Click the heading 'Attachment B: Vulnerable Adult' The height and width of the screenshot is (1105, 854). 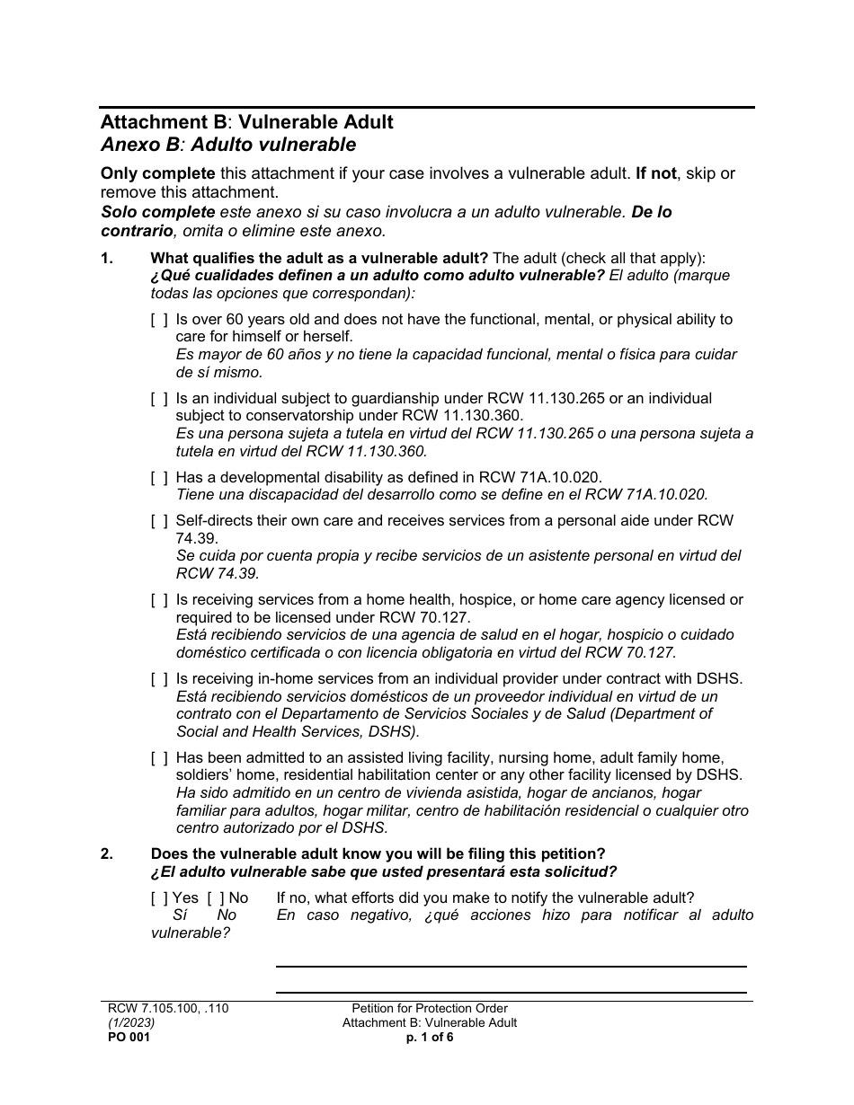tap(246, 122)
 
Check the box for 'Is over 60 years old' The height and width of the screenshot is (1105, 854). tap(159, 320)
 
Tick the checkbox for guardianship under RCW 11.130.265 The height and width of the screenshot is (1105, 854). tap(159, 399)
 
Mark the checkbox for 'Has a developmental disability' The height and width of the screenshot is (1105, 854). tap(159, 478)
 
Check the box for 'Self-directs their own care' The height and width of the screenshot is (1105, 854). tap(159, 521)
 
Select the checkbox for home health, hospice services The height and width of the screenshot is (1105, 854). tap(159, 600)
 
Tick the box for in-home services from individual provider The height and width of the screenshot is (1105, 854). tap(159, 679)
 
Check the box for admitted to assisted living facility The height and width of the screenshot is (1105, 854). tap(159, 758)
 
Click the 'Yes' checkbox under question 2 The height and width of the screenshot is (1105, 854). tap(160, 898)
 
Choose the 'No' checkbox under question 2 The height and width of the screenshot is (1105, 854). tap(216, 898)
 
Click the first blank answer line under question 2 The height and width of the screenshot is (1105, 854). tap(511, 966)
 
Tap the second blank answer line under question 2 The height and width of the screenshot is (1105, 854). tap(511, 992)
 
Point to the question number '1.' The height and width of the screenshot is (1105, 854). tap(107, 259)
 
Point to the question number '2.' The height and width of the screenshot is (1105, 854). tap(107, 854)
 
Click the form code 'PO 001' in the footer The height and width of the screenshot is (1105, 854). tap(125, 1037)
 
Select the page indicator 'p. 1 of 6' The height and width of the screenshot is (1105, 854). tap(430, 1037)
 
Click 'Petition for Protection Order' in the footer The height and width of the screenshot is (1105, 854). tap(430, 1009)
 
